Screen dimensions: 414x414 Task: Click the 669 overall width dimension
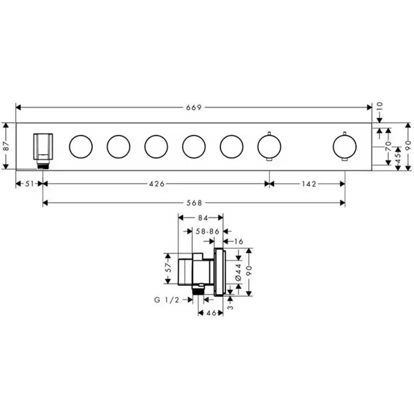pos(193,107)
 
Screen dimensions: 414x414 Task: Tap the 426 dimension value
pos(156,184)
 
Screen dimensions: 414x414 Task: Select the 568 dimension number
pos(193,202)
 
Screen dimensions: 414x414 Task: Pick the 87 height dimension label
pos(5,146)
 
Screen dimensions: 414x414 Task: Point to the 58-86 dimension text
pos(207,231)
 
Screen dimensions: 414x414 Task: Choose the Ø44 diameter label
pos(238,270)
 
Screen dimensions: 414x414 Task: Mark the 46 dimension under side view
pos(210,313)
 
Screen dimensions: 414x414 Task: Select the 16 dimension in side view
pos(238,241)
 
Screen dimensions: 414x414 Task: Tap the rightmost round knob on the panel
pos(344,146)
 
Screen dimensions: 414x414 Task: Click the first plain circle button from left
pos(80,146)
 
